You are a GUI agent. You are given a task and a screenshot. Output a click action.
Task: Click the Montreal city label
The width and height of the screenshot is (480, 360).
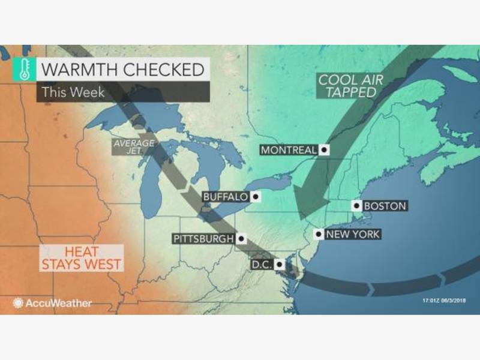(288, 150)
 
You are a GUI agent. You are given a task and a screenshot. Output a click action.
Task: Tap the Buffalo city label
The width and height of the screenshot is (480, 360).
(225, 196)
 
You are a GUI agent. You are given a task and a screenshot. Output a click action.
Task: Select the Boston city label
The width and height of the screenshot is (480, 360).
(385, 206)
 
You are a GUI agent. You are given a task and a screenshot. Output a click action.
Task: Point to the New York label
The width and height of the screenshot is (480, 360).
(352, 234)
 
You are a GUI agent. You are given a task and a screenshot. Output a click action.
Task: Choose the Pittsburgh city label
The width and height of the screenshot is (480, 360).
(203, 238)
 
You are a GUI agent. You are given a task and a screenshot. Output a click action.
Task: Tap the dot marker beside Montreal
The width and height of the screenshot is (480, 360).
(324, 150)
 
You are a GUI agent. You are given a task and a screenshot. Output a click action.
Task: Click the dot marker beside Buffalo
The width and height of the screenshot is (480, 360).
(255, 196)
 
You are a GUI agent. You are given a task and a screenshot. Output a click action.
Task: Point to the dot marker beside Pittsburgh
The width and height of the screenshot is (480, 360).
(241, 238)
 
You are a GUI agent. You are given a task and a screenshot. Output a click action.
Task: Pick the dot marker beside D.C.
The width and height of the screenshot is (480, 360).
(280, 264)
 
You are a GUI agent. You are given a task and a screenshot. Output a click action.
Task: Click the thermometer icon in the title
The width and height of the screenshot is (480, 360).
(22, 70)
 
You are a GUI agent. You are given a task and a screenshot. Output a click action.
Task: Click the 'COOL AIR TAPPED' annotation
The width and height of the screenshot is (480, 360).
(347, 86)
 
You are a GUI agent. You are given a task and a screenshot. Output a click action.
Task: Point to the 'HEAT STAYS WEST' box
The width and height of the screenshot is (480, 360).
(81, 257)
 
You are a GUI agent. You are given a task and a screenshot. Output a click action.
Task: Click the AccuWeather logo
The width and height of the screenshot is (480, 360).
(53, 303)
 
